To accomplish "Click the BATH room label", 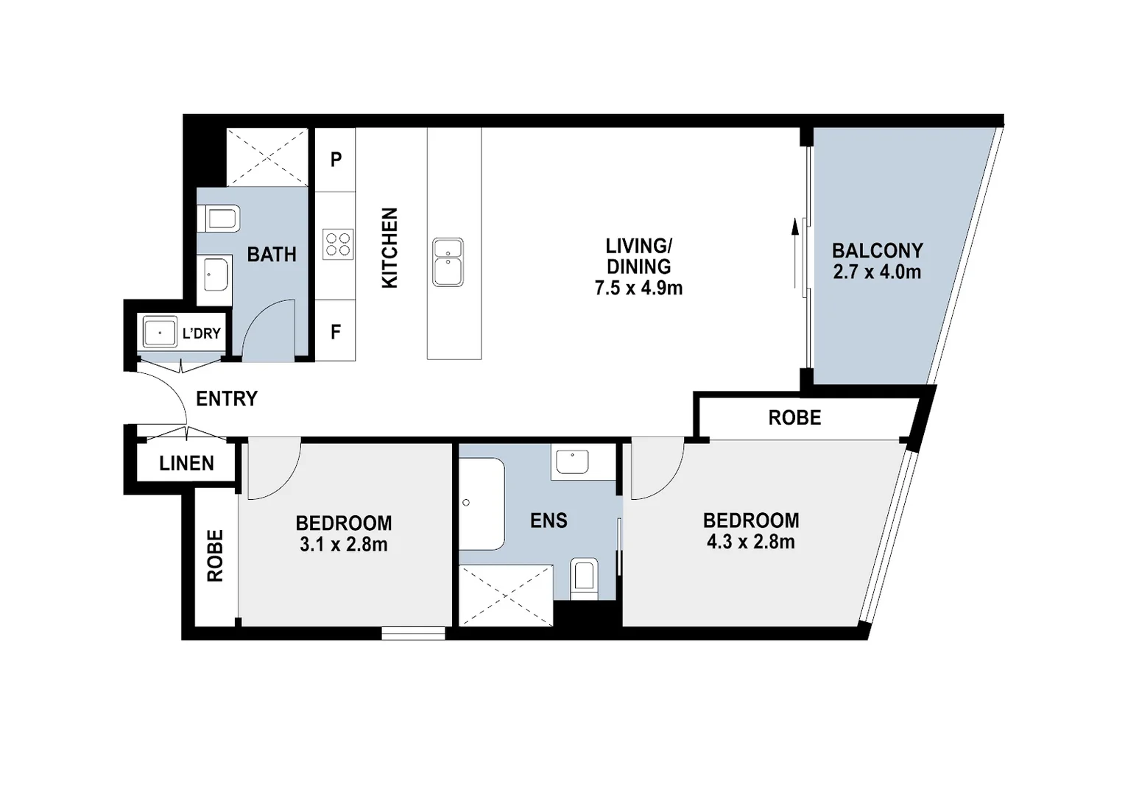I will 272,255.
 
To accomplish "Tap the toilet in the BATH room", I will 219,219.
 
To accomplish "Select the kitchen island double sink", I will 448,262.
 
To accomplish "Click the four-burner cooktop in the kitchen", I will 338,244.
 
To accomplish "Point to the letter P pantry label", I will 336,160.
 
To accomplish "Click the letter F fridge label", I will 336,333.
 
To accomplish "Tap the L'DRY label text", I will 201,333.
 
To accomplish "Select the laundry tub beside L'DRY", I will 159,332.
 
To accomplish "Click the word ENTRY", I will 227,399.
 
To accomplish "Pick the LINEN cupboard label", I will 187,463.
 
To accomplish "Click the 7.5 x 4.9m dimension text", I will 638,288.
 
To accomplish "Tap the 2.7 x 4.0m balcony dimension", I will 877,272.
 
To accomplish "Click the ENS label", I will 549,521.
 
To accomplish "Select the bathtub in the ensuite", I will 482,504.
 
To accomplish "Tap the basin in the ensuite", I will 572,462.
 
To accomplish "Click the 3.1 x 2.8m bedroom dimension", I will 343,545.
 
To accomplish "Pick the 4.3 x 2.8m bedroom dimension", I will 750,543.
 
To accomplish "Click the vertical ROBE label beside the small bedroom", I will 215,556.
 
